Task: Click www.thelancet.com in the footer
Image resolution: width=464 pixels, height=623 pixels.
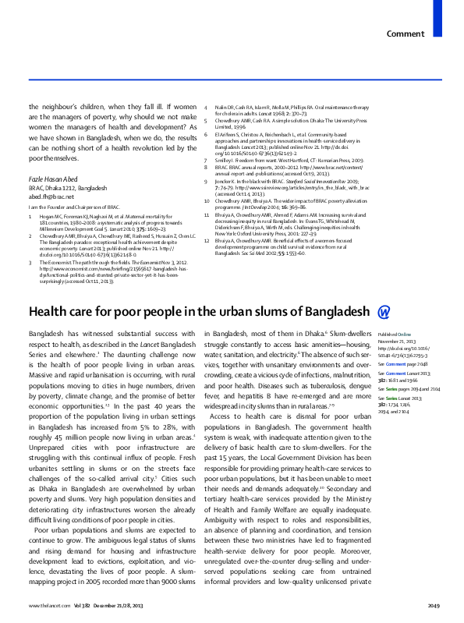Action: (45, 606)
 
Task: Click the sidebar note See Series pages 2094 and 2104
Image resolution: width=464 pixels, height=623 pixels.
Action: (409, 388)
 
